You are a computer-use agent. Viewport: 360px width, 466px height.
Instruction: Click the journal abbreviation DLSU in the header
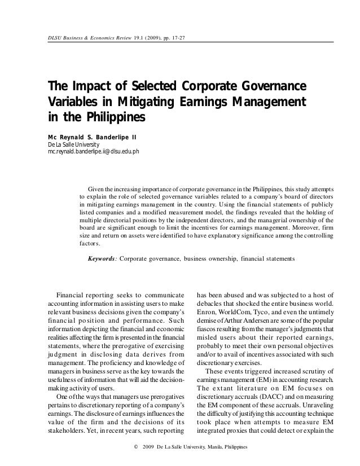click(54, 39)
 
